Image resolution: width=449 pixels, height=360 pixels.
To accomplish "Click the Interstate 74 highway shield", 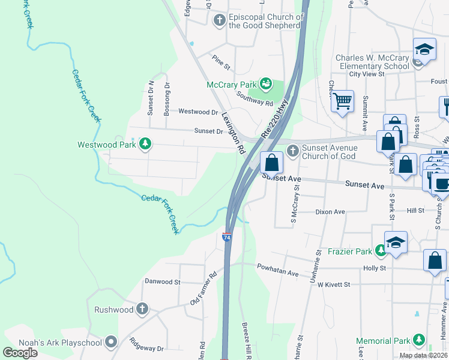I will pyautogui.click(x=227, y=236).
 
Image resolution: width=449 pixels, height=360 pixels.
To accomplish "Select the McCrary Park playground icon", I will pyautogui.click(x=266, y=85).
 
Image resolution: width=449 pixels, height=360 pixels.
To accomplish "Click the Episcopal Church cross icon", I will pyautogui.click(x=219, y=21).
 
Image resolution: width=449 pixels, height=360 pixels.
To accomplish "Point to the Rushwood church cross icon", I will pyautogui.click(x=142, y=310).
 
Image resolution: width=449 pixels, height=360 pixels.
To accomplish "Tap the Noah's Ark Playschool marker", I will pyautogui.click(x=110, y=341).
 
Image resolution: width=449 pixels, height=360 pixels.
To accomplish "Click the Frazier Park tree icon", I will pyautogui.click(x=380, y=250).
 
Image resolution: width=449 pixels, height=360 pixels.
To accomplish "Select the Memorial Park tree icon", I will pyautogui.click(x=418, y=341).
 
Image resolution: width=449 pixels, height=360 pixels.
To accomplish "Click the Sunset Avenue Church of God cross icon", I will pyautogui.click(x=292, y=152).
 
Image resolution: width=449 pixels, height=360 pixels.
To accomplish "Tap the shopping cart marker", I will pyautogui.click(x=342, y=102).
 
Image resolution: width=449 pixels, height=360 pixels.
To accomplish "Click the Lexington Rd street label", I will pyautogui.click(x=234, y=132).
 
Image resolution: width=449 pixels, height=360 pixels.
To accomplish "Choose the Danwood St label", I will pyautogui.click(x=162, y=281).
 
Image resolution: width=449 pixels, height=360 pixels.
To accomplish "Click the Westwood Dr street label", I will pyautogui.click(x=197, y=112).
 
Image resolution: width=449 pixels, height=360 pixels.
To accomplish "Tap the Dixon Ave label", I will pyautogui.click(x=331, y=212).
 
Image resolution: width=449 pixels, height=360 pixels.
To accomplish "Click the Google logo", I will pyautogui.click(x=20, y=352).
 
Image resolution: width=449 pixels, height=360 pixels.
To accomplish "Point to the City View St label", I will pyautogui.click(x=366, y=74).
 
